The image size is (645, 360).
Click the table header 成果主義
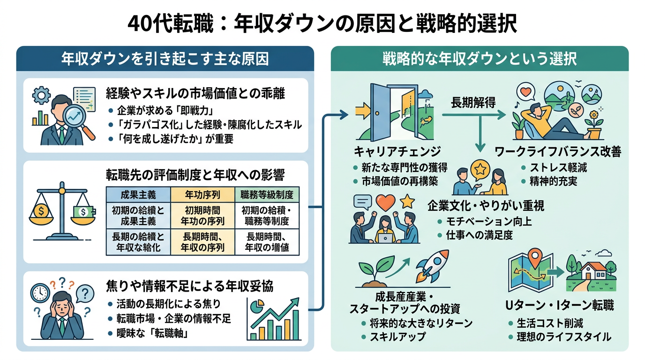[x=138, y=195]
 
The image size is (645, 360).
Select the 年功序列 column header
[x=202, y=195]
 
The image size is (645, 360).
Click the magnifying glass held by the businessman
[x=75, y=118]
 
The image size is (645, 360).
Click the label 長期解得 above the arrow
[x=473, y=103]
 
